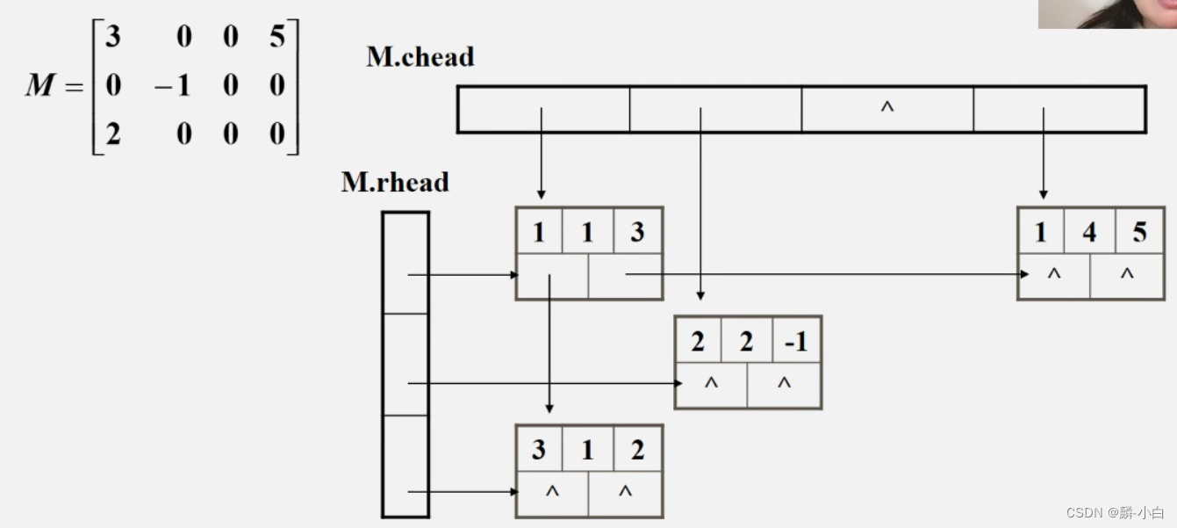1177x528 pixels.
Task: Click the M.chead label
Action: (x=420, y=57)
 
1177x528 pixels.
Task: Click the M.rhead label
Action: (x=394, y=183)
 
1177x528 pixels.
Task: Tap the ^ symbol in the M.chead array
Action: (x=886, y=108)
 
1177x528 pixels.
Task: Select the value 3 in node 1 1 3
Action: (x=637, y=232)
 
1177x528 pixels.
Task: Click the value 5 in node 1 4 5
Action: (x=1139, y=232)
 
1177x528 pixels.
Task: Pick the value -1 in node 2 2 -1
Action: (x=795, y=341)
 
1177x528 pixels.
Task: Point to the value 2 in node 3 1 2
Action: (x=637, y=450)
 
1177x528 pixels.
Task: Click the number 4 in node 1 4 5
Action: (x=1089, y=232)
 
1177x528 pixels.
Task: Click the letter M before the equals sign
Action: (x=41, y=86)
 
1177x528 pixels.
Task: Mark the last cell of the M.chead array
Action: (x=1059, y=109)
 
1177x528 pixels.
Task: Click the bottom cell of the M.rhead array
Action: (x=405, y=466)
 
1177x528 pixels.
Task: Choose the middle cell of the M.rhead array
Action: (x=405, y=365)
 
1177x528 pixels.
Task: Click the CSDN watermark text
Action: (x=1115, y=512)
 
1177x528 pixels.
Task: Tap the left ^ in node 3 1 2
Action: (x=552, y=492)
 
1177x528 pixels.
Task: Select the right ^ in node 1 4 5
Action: (x=1127, y=274)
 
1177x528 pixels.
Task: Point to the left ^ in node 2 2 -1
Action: (x=711, y=383)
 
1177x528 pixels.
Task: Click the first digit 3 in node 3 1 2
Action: (x=538, y=450)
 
